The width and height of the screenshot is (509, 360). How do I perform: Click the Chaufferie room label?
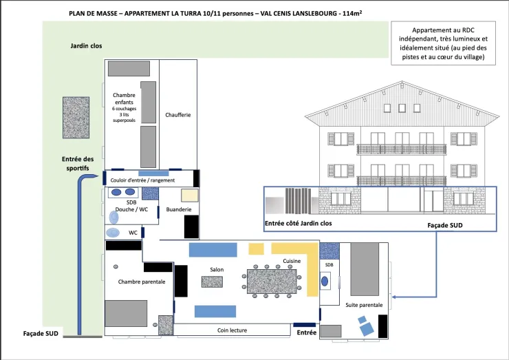click(x=178, y=115)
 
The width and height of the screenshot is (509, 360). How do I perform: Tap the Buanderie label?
click(x=179, y=209)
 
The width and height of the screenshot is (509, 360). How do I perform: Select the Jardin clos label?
click(x=87, y=46)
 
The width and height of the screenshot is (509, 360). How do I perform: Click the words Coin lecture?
click(x=232, y=330)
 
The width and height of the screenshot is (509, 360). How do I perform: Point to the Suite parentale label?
click(x=364, y=305)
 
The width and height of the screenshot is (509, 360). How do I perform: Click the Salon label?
click(x=217, y=269)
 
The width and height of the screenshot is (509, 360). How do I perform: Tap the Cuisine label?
click(x=292, y=261)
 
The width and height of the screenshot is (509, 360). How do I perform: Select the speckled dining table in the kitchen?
click(x=272, y=282)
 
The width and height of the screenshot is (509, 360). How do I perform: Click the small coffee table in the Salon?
click(x=212, y=282)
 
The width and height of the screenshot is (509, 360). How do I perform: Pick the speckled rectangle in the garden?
click(x=76, y=118)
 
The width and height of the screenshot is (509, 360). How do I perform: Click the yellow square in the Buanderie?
click(x=190, y=195)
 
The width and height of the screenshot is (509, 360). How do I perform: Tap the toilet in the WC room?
click(x=113, y=233)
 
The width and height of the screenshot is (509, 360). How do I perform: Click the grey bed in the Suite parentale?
click(x=365, y=269)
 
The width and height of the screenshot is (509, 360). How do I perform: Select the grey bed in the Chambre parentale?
click(x=126, y=314)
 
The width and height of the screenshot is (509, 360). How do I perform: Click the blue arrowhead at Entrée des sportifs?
click(x=94, y=176)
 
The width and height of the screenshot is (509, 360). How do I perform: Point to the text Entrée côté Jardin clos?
click(x=299, y=223)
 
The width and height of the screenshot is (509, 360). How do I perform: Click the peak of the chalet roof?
click(x=402, y=81)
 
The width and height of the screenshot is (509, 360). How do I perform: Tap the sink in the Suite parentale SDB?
click(x=325, y=282)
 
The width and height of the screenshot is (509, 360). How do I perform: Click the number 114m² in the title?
click(x=352, y=13)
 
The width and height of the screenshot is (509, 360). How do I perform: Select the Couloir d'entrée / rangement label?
click(x=142, y=180)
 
